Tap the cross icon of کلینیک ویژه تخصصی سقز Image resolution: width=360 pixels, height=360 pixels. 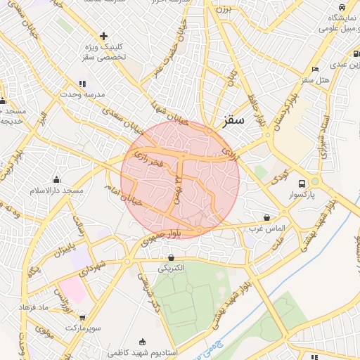103,36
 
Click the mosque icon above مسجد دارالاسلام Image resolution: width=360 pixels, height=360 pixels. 56,180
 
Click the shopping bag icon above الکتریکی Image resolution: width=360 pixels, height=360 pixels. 171,257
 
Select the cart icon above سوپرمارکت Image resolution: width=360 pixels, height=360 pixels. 83,318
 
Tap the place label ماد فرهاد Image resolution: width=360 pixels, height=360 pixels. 53,308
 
